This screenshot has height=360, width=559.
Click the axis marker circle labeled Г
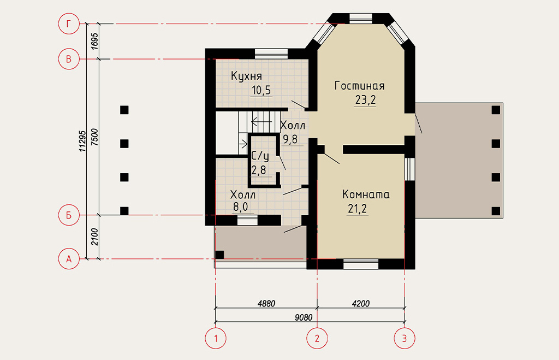68,24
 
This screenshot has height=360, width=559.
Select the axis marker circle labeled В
68,59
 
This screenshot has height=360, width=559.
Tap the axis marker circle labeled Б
68,215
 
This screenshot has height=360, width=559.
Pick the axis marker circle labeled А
68,259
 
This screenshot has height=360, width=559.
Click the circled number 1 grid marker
216,338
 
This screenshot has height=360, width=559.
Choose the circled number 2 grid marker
317,338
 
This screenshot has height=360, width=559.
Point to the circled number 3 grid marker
405,338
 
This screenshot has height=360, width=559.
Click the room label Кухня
246,76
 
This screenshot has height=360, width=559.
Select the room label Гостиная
360,86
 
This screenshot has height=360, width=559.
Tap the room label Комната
366,194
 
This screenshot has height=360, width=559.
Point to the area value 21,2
358,209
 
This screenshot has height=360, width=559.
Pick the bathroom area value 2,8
259,170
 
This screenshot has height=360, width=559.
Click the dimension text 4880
266,304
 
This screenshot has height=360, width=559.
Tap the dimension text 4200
361,304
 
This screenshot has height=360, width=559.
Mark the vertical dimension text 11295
83,141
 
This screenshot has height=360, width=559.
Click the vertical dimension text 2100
94,237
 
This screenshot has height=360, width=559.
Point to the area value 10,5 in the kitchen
261,90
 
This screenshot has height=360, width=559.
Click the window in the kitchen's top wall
271,54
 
